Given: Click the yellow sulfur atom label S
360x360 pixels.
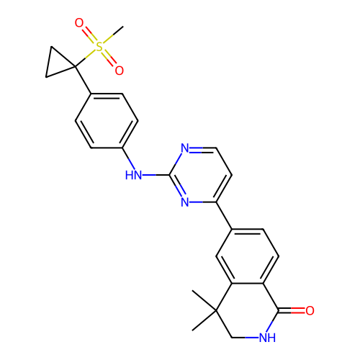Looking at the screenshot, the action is [x=99, y=47].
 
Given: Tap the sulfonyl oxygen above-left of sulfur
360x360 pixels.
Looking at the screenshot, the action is [x=79, y=23].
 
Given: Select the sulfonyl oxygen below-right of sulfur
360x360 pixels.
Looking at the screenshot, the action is [x=120, y=71].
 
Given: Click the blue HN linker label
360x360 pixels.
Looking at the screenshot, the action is [x=133, y=175].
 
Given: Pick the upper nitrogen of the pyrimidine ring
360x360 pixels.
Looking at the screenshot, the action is [x=185, y=148].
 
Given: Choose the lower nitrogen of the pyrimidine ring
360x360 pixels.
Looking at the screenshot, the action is [x=185, y=202].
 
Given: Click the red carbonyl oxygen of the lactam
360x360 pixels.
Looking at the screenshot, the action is [x=310, y=310].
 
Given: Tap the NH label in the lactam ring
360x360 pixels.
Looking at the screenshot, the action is [x=267, y=338].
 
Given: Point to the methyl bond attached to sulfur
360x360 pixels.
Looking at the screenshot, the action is [x=113, y=35].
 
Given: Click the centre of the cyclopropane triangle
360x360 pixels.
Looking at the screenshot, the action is [x=58, y=64].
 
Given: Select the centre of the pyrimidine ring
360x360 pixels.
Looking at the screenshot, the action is [x=201, y=175].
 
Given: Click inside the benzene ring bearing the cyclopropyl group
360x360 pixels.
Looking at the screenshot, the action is [x=107, y=121].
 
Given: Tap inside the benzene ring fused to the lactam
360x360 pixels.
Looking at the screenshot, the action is [x=248, y=256].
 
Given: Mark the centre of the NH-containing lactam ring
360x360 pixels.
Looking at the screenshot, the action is [x=248, y=310].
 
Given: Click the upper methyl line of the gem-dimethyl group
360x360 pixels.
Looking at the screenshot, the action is [x=204, y=301].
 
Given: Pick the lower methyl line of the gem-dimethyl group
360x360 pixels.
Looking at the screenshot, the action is [x=204, y=320].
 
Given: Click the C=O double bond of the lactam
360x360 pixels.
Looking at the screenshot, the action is [x=292, y=310].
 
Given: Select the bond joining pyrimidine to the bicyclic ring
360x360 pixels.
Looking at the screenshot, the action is [x=224, y=215].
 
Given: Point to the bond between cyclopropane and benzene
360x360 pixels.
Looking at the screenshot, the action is [x=83, y=80].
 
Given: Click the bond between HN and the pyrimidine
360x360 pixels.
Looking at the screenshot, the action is [x=156, y=175].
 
